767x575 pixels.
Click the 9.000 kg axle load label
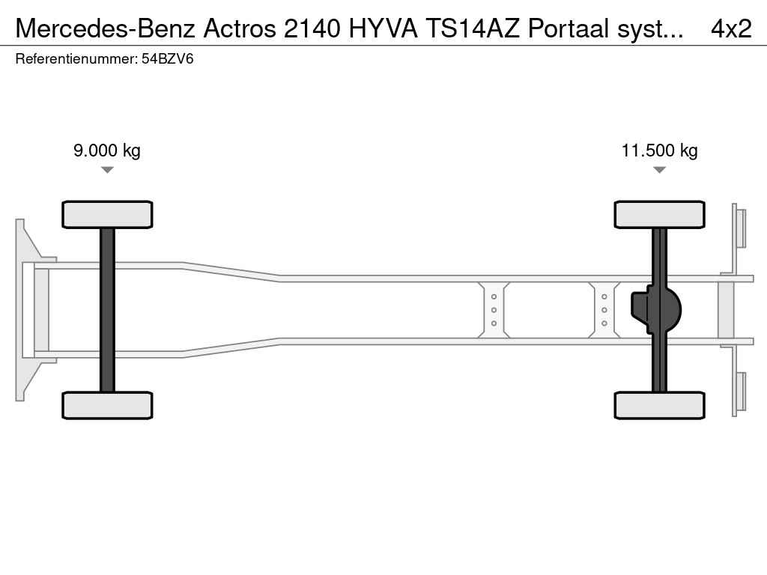(106, 150)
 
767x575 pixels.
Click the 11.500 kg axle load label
(659, 150)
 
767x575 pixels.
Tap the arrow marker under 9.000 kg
(107, 170)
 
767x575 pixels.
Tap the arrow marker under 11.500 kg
(659, 170)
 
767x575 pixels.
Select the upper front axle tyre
(107, 215)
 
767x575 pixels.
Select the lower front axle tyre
(107, 405)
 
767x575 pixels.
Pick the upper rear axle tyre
(659, 215)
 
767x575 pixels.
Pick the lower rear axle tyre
(659, 405)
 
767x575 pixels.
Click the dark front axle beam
(107, 310)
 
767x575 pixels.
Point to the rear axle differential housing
(656, 310)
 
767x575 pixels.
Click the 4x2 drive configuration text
(731, 29)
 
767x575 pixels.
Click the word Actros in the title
(240, 29)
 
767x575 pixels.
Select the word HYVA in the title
(383, 29)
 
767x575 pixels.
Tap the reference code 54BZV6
(167, 59)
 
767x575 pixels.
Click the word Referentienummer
(76, 59)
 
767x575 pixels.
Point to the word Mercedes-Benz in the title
(106, 29)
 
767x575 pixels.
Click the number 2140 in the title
(312, 29)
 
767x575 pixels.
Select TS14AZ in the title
(473, 29)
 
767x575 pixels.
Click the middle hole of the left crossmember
(494, 310)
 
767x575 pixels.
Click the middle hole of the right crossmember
(604, 310)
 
